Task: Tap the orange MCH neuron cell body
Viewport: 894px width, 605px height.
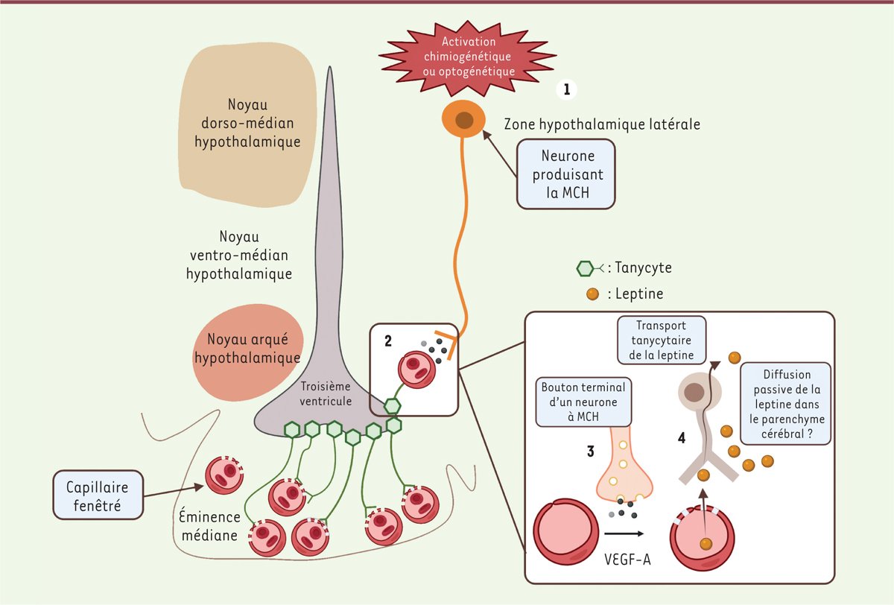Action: coord(463,119)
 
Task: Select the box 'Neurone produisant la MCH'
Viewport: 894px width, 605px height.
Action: coord(567,172)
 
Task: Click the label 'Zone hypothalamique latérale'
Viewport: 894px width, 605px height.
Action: coord(602,124)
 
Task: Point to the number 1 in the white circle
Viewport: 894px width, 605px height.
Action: coord(566,90)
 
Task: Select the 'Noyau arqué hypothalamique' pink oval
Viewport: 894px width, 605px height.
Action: coord(247,349)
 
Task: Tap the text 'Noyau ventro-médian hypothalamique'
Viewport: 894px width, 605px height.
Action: coord(239,255)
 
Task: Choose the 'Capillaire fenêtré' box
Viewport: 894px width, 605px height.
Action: coord(98,494)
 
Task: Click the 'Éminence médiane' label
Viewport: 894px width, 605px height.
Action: coord(209,525)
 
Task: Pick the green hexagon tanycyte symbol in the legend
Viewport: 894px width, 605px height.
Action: coord(588,267)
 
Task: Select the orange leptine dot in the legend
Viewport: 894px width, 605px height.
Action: coord(592,294)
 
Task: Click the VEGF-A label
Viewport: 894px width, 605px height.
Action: coord(624,558)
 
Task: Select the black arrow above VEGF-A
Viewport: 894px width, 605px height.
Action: coord(624,533)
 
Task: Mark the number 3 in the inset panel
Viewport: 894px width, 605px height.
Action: coord(590,451)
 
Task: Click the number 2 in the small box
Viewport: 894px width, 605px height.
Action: coord(388,341)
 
